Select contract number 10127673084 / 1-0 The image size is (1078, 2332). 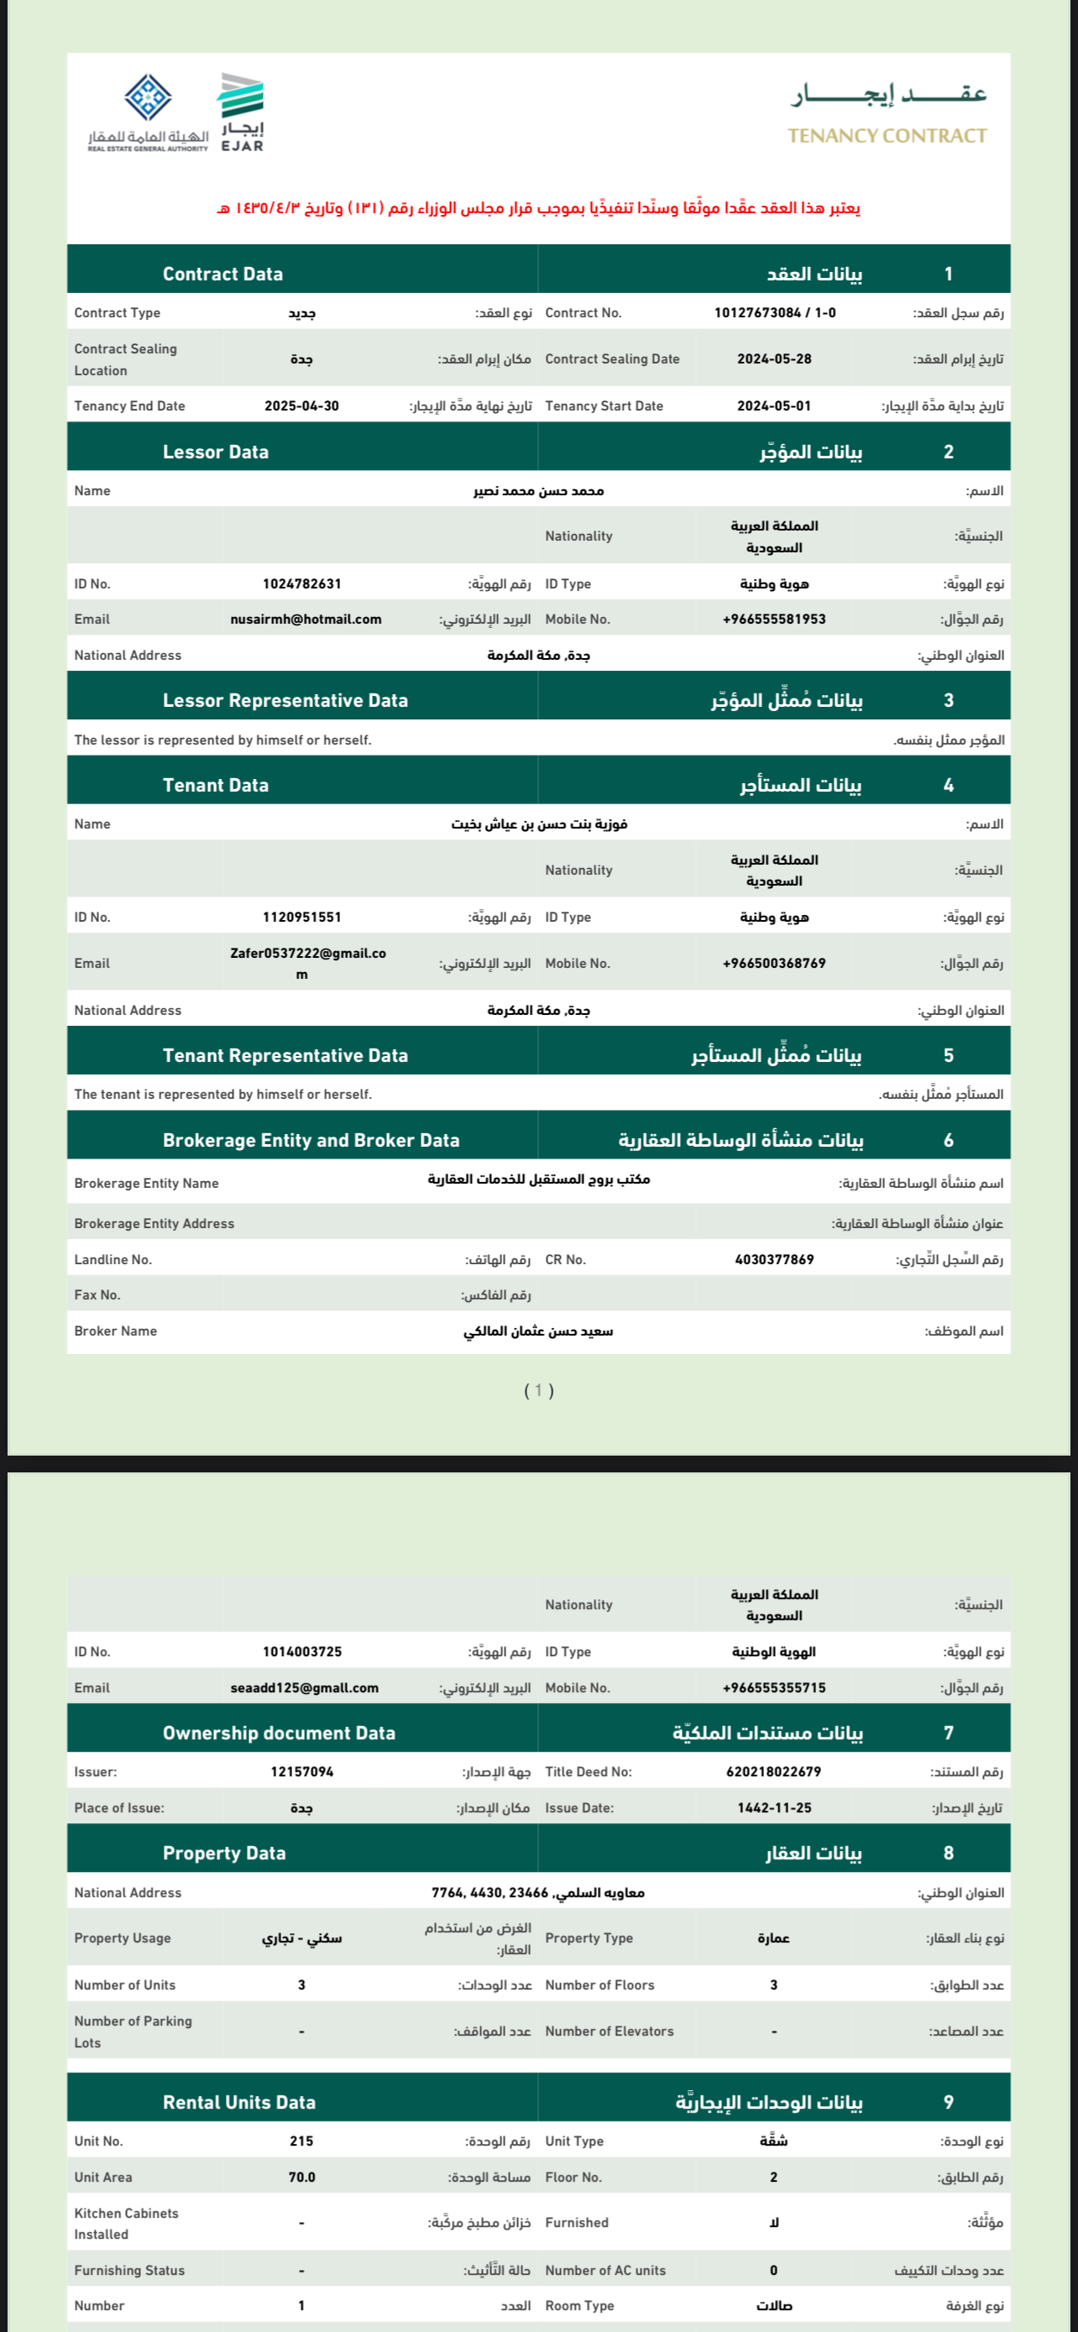tap(775, 313)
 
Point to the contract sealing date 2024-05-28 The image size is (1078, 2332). tap(774, 359)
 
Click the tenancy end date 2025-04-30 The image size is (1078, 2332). tap(301, 406)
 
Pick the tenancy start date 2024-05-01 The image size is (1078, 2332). tap(774, 406)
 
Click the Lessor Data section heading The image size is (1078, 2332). tap(216, 452)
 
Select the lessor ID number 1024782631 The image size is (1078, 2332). tap(301, 584)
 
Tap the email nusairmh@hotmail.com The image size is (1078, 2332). tap(306, 620)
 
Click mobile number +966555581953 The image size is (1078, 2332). tap(774, 620)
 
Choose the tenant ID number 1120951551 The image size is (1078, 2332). tap(301, 917)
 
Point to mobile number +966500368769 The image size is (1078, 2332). tap(774, 963)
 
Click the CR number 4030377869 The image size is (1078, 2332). tap(774, 1259)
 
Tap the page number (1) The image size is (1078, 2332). tap(538, 1390)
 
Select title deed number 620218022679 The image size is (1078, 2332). tap(774, 1771)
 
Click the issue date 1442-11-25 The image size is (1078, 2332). tap(774, 1808)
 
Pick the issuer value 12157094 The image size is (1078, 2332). tap(301, 1771)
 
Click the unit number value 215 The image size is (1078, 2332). tap(301, 2141)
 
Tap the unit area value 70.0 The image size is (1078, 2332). tap(301, 2178)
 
